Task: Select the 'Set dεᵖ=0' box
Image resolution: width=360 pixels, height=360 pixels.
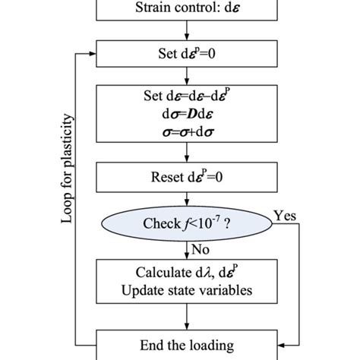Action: click(x=185, y=55)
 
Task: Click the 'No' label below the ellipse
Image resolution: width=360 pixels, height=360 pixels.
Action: click(x=201, y=248)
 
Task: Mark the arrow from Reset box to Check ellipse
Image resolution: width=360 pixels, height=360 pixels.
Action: click(x=185, y=203)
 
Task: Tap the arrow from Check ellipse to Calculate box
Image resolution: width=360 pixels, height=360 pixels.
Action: click(x=185, y=248)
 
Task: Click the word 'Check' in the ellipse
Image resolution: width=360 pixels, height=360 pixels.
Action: click(x=162, y=225)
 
